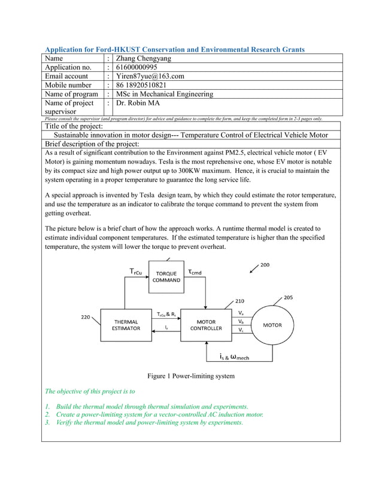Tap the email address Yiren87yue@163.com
point(150,77)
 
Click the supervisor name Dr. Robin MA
point(140,103)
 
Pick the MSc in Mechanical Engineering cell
point(165,94)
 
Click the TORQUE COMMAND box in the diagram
point(167,277)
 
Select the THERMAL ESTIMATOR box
point(126,325)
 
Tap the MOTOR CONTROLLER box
point(206,325)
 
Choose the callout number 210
point(239,301)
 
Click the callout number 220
point(86,317)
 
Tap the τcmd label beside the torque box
point(195,272)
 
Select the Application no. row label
point(68,68)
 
